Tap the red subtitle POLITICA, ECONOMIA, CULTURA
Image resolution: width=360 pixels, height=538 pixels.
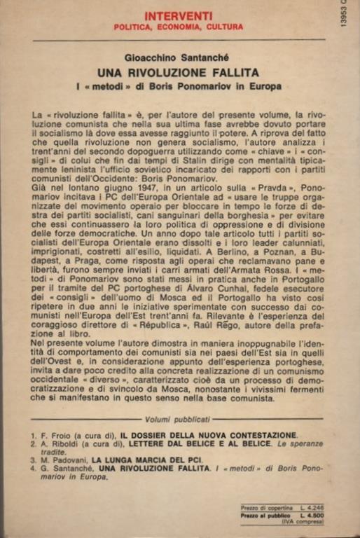[179, 27]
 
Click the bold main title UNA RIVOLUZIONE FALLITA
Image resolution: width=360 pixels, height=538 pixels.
[179, 72]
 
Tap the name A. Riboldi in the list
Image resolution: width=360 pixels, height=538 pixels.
[59, 445]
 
